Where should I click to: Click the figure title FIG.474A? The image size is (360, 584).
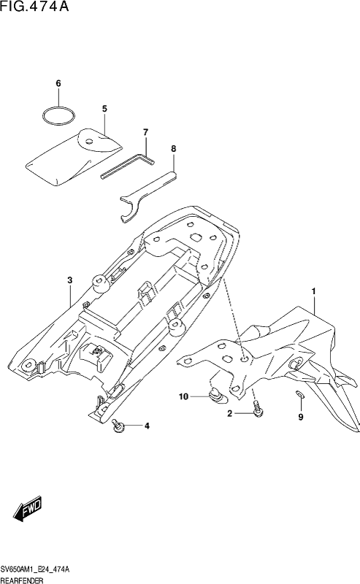(34, 7)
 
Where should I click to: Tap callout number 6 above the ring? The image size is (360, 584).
(58, 83)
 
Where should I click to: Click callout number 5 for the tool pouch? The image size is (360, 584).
(104, 109)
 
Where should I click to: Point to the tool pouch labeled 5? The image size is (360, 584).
(74, 156)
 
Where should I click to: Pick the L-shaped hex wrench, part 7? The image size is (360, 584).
(128, 166)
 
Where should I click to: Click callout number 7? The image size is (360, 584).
(145, 132)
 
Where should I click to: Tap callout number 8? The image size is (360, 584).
(173, 149)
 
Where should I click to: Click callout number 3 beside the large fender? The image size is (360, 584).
(69, 280)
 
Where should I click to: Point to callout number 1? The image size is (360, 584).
(314, 291)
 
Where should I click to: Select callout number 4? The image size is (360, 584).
(147, 426)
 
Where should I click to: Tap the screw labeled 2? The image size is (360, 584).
(257, 408)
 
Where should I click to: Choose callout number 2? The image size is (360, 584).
(230, 413)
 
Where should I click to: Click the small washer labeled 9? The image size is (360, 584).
(300, 393)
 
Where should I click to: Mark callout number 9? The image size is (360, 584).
(301, 417)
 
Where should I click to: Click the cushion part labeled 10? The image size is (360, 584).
(217, 395)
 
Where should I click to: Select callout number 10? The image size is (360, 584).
(184, 396)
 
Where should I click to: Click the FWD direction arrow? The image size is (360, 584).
(28, 509)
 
